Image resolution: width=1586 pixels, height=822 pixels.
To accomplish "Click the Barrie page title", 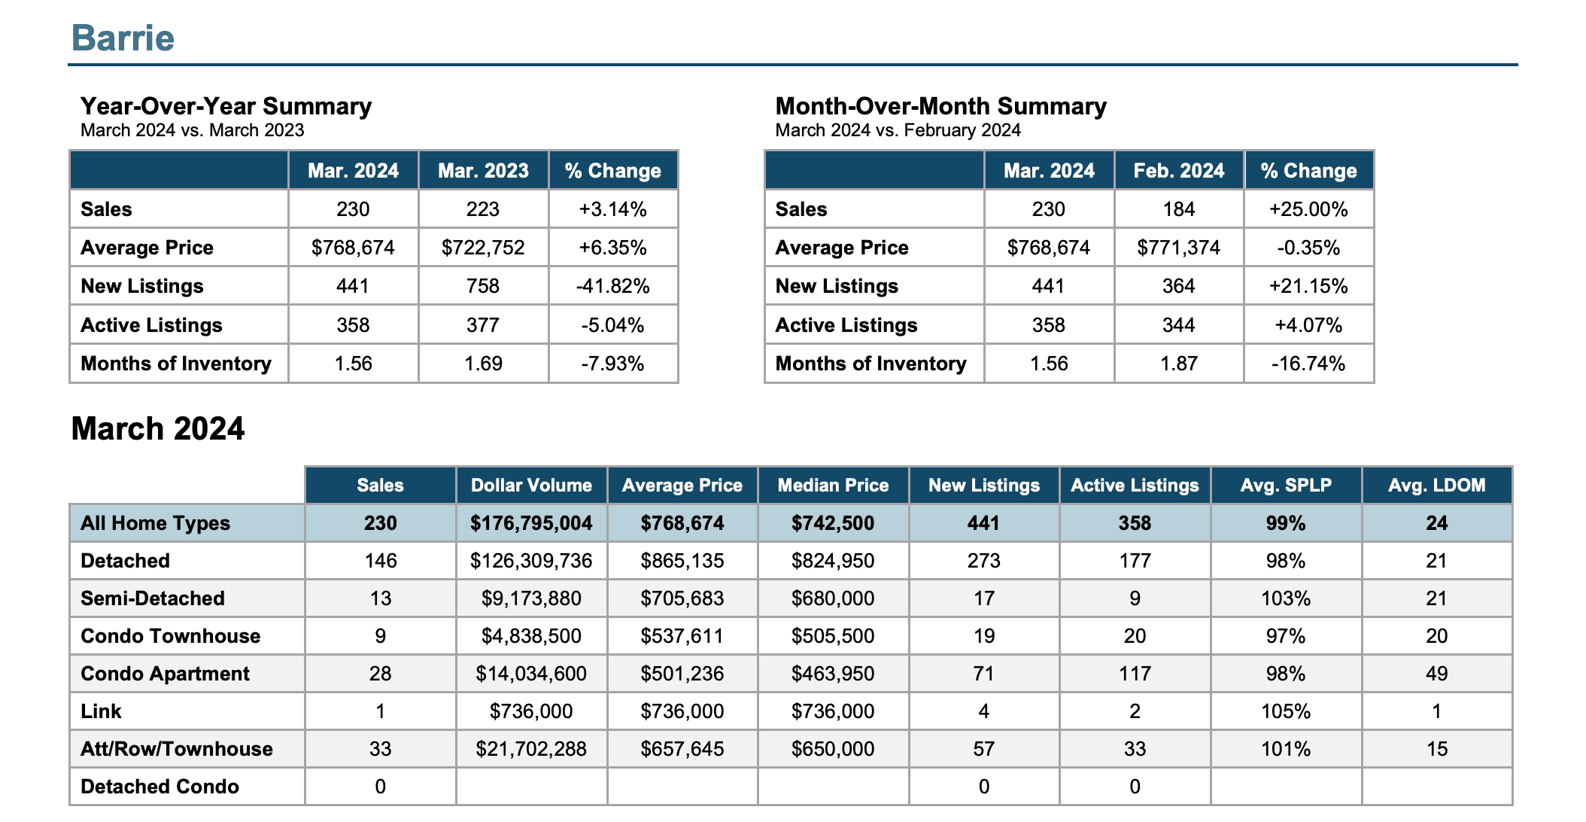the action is tap(123, 38).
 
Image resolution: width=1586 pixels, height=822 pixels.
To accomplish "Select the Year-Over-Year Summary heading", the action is tap(226, 106).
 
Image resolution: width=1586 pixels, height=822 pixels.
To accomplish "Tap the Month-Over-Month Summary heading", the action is tap(940, 106).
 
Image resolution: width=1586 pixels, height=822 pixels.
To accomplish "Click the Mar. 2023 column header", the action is tap(483, 171).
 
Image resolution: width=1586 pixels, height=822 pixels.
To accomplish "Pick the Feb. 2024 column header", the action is tap(1179, 171).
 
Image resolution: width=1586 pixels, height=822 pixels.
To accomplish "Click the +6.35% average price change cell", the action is tap(613, 248).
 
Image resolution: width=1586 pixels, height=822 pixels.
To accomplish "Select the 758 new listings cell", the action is tap(483, 286).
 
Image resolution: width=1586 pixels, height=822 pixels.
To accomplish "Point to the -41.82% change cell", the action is tap(613, 286).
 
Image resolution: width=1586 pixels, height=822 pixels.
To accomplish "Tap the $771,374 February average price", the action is tap(1179, 248).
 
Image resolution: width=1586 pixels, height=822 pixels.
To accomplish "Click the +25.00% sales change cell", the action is tap(1309, 209).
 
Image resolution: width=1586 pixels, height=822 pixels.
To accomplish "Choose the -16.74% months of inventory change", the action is tap(1309, 364).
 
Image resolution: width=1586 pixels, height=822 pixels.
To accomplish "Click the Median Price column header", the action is tap(833, 486).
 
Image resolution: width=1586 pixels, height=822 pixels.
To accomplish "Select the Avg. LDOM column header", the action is tap(1437, 486).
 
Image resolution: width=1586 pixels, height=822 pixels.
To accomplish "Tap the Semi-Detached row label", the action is tap(153, 598).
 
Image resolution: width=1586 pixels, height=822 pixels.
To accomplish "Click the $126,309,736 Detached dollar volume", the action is tap(531, 561).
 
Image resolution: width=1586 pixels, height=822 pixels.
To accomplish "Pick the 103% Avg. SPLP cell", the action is tap(1286, 598).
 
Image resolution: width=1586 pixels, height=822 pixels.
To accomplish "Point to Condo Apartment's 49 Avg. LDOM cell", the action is tap(1437, 674).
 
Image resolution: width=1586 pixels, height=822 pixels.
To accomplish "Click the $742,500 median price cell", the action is tap(833, 523).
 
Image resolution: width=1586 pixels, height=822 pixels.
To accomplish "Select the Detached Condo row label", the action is tap(160, 787).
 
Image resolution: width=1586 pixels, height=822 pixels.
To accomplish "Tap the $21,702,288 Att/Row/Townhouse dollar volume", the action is tap(531, 749).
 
